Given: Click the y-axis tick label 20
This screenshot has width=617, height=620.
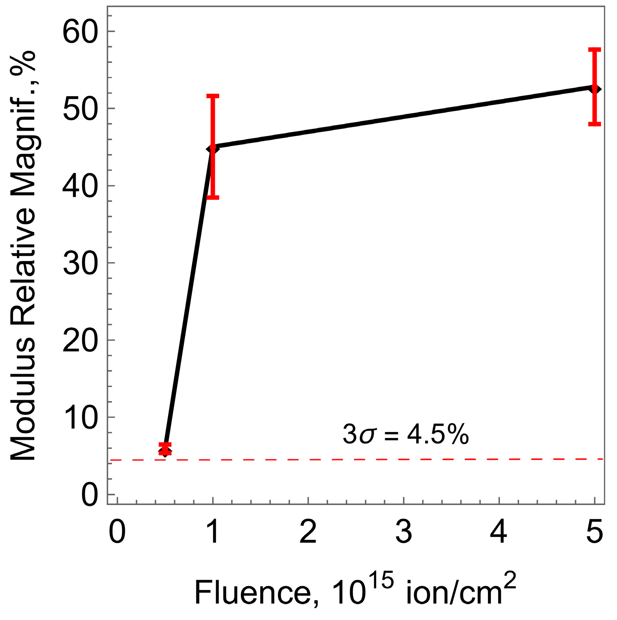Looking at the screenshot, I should click(80, 340).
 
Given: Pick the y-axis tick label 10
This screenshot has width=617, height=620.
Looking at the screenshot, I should click(80, 417).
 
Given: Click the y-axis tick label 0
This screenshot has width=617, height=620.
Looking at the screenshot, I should click(90, 495).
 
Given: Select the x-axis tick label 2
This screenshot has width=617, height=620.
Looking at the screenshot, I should click(308, 532).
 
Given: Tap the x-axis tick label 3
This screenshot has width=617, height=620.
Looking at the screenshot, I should click(403, 532).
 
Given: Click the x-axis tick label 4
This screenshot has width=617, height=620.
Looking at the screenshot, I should click(499, 532).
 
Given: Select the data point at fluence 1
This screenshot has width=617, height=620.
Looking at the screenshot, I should click(213, 148).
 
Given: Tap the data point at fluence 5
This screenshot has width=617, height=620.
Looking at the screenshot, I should click(595, 89).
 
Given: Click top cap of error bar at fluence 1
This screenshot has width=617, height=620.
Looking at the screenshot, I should click(213, 96).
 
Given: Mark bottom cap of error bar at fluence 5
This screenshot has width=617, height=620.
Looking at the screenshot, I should click(595, 124).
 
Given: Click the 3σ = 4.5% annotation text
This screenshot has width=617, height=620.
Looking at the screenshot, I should click(405, 435).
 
